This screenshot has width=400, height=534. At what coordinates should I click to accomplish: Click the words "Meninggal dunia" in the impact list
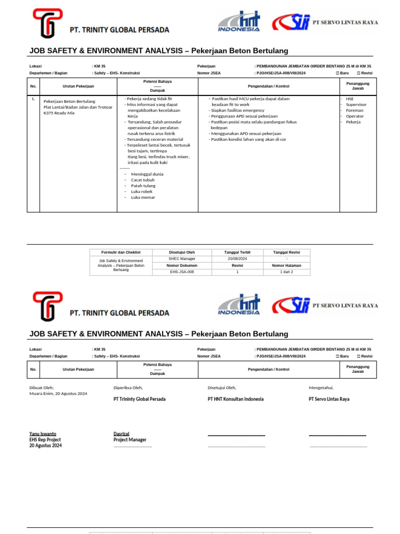tap(147, 174)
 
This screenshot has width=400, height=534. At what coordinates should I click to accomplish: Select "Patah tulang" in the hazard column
tap(143, 186)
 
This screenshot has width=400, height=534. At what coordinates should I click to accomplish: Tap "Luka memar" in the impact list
tap(143, 197)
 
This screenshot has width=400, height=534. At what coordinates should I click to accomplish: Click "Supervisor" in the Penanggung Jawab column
tap(356, 104)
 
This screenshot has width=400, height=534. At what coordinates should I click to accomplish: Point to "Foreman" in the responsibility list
tap(355, 110)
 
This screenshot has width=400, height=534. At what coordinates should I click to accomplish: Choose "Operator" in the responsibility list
tap(355, 116)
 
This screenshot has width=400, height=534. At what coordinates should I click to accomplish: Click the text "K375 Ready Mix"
tap(59, 113)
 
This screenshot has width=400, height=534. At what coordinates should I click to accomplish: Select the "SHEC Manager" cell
tap(182, 259)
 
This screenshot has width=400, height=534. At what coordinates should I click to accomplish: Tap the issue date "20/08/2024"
tap(237, 259)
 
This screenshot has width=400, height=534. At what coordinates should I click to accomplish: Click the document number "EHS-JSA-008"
tap(182, 272)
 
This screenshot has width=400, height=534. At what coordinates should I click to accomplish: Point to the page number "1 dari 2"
tap(286, 272)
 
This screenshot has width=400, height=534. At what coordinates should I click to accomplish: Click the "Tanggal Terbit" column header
tap(237, 252)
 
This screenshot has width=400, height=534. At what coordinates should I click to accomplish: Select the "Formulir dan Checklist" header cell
tap(121, 252)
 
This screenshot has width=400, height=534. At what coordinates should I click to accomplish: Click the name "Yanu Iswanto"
tap(43, 434)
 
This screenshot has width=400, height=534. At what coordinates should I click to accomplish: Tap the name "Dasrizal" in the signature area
tap(121, 434)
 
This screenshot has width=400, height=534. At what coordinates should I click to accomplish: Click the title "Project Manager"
tap(130, 440)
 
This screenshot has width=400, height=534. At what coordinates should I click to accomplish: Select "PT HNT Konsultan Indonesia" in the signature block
tap(235, 399)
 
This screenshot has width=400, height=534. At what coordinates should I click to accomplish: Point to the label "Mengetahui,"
tap(321, 387)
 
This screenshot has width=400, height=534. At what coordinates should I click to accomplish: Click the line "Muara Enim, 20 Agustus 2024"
tap(58, 393)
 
